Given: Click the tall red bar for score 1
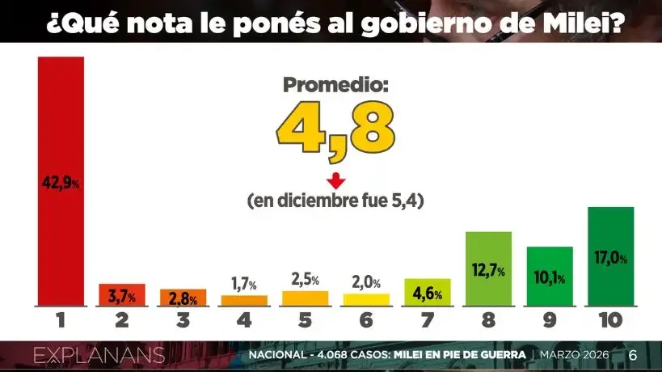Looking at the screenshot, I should point(61,182).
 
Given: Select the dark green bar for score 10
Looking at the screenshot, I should point(610,257).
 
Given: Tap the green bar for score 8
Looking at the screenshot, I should point(488,269).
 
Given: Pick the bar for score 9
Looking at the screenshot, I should point(550,277).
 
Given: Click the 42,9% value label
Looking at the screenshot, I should point(61,184).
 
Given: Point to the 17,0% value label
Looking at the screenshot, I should point(610,257).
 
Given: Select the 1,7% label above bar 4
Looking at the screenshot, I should point(243,284).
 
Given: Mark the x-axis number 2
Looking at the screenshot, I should point(121,320).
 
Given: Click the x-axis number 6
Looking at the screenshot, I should point(366,320).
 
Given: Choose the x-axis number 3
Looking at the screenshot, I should point(183,320).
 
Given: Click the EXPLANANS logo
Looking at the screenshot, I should point(99,355).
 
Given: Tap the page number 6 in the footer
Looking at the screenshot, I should point(633,355).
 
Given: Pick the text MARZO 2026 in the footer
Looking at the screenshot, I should point(575,356).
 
